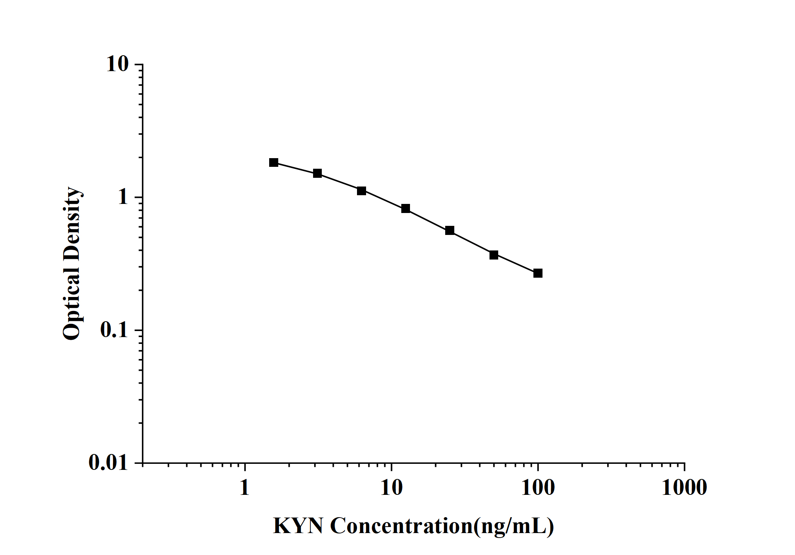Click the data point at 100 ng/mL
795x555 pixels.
538,273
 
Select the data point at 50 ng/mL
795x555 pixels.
494,255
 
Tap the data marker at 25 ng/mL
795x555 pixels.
450,230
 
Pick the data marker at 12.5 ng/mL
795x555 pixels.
405,208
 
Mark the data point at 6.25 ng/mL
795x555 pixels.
362,191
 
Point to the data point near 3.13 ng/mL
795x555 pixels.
317,173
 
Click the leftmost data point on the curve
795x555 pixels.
274,162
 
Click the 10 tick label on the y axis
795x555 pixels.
118,65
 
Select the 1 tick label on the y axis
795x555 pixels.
123,197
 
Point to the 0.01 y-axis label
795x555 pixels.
109,463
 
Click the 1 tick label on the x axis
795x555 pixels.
245,488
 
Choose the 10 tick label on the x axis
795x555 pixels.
391,488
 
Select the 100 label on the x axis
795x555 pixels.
538,488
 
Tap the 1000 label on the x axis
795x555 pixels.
684,488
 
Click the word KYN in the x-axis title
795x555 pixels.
298,526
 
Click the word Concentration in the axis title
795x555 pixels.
402,526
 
